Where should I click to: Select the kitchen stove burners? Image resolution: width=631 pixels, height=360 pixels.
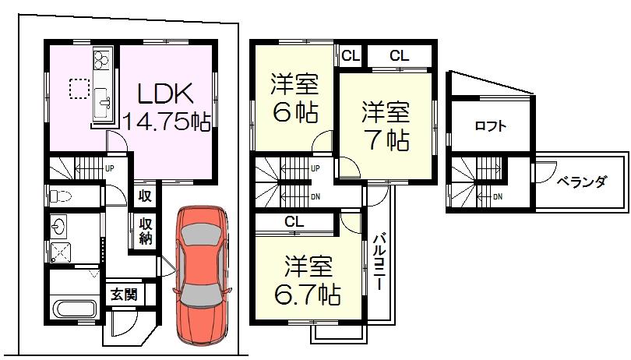tap(103, 59)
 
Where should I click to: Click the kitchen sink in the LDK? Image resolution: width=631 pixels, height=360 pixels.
tap(102, 100)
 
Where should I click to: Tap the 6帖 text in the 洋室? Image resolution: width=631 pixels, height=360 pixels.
tap(294, 112)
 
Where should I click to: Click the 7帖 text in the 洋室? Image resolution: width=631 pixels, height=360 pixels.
tap(386, 140)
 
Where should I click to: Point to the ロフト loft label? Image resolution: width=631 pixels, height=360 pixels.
tap(490, 125)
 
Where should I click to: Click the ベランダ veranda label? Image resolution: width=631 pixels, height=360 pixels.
tap(581, 182)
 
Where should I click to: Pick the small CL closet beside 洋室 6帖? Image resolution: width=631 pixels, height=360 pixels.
tap(351, 55)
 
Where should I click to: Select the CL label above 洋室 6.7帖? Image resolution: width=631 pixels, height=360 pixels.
tap(293, 223)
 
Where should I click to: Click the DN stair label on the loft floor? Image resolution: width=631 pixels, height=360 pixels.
tap(496, 196)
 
